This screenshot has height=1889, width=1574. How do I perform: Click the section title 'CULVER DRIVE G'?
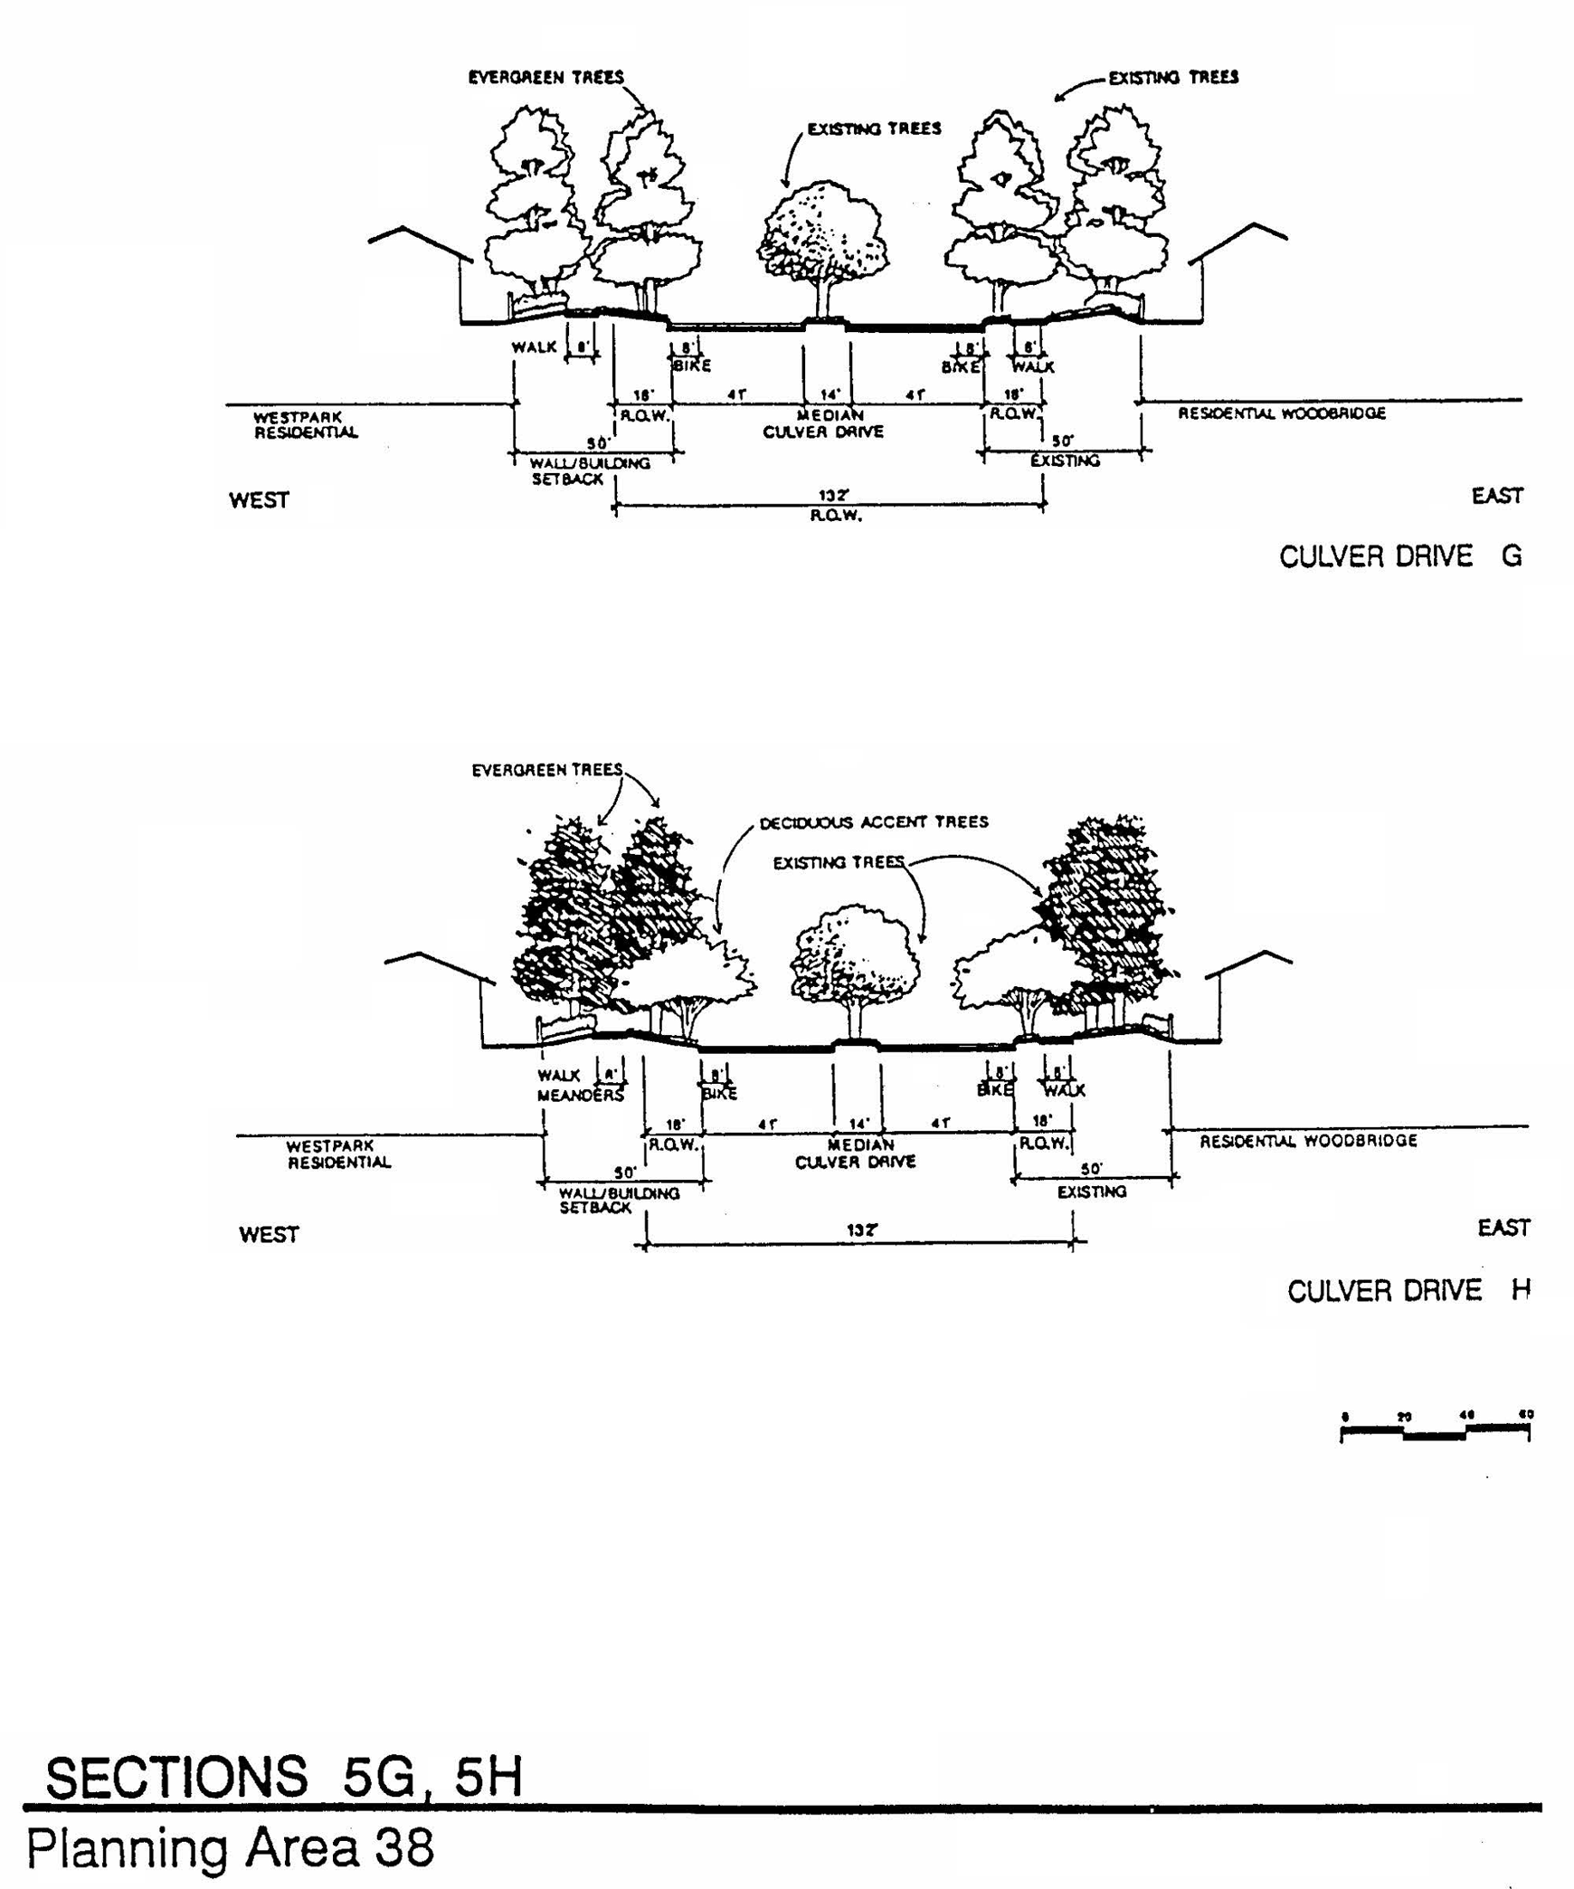point(1399,555)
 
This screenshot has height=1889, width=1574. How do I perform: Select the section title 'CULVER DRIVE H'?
point(1408,1290)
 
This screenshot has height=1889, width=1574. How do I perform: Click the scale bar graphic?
point(1434,1431)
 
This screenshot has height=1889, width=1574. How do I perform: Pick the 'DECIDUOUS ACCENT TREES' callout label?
point(873,822)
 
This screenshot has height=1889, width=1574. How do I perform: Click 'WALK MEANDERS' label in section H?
point(580,1086)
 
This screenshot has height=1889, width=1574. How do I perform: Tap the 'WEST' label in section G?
point(259,500)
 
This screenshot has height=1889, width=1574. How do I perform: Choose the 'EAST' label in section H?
point(1503,1228)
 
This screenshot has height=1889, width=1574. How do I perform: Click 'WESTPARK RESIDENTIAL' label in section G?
point(305,425)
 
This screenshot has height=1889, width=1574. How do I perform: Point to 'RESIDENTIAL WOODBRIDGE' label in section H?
point(1308,1141)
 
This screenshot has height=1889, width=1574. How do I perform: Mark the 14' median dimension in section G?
point(830,394)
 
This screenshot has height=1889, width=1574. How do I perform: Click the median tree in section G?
point(821,240)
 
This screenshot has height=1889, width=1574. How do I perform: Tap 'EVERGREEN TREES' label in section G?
point(545,78)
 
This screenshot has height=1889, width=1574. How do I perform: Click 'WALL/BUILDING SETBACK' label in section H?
point(619,1200)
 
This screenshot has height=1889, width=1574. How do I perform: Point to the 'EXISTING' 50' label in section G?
point(1065,460)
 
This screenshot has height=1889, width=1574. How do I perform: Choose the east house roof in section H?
point(1248,965)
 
